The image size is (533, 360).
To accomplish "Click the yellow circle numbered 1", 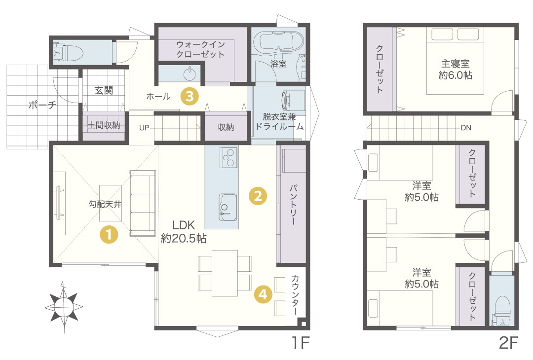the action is (x=109, y=235).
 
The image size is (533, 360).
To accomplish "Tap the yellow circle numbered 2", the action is (x=258, y=196).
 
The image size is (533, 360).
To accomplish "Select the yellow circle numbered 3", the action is (x=190, y=96).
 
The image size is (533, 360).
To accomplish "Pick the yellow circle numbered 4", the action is (x=263, y=294).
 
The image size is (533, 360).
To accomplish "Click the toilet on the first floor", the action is (x=68, y=52).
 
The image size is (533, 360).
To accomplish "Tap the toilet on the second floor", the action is (x=502, y=310).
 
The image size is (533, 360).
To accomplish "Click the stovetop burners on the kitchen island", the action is (x=228, y=157).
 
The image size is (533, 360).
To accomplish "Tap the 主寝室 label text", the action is (x=456, y=64).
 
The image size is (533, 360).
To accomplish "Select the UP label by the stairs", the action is (x=144, y=128).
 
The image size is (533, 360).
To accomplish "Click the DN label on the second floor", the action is (x=466, y=128).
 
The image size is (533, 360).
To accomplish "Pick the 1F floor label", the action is (x=301, y=343).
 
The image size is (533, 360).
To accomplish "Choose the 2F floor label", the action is (x=508, y=343).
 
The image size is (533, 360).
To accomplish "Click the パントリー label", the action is (x=294, y=205).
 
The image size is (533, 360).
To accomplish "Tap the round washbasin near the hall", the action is (x=190, y=73).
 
